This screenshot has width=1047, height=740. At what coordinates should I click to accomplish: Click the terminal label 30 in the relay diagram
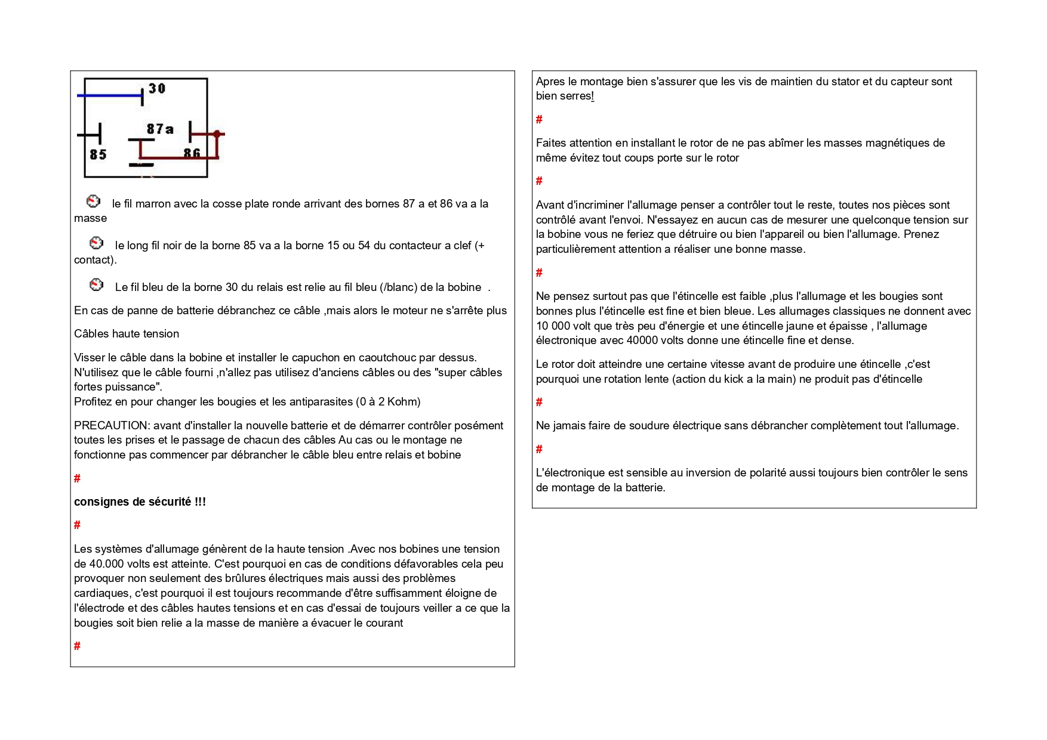click(156, 88)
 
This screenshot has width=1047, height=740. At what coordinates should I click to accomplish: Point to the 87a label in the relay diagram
click(160, 129)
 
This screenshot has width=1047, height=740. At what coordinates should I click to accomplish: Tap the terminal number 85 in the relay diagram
click(98, 154)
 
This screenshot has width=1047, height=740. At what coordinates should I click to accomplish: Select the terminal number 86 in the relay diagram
click(192, 153)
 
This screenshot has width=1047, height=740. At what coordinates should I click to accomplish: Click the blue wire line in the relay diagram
click(110, 95)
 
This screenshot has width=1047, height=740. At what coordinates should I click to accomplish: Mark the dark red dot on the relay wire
click(217, 134)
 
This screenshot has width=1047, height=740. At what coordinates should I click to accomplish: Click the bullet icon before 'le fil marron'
click(93, 201)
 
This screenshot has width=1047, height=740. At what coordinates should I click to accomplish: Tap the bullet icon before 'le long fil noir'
click(96, 243)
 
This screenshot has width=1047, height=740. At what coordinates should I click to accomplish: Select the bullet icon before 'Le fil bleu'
click(96, 284)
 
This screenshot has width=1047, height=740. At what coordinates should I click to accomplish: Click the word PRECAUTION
click(111, 425)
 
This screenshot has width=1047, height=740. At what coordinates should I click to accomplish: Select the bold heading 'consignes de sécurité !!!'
click(140, 501)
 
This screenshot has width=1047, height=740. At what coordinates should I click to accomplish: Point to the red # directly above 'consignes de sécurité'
click(77, 478)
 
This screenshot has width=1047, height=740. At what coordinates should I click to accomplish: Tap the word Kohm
click(403, 401)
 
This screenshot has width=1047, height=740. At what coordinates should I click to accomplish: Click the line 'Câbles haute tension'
click(127, 334)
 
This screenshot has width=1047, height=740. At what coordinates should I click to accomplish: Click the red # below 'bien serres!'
click(539, 119)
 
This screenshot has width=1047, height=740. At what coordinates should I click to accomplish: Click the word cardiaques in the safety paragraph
click(102, 593)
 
